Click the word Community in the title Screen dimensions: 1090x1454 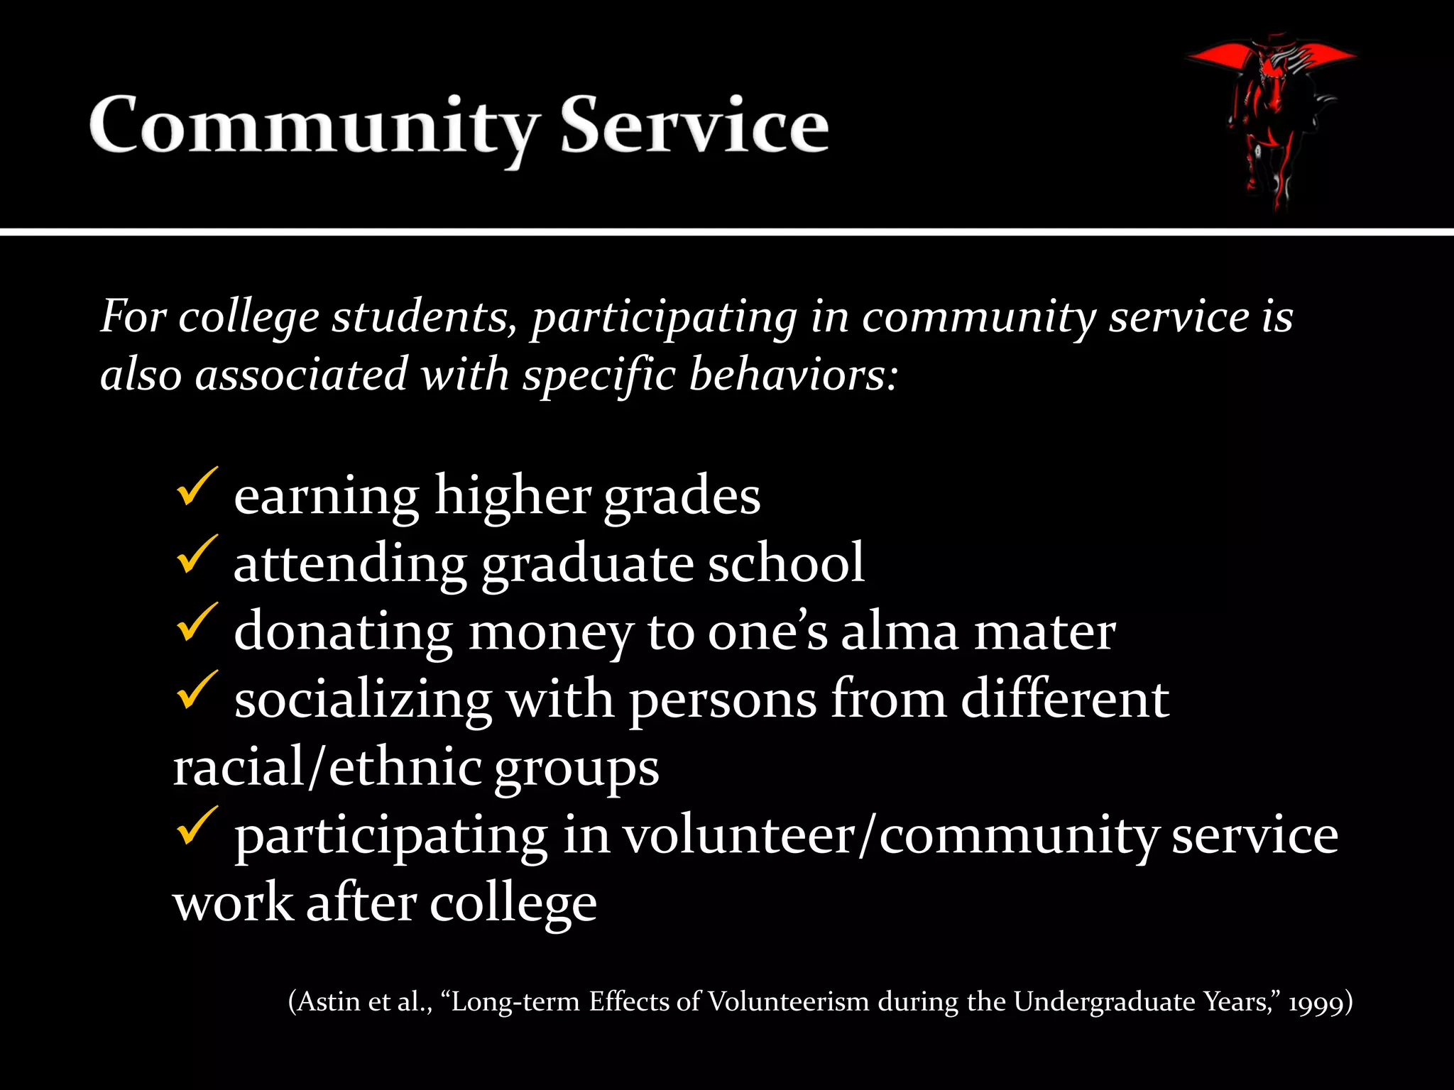point(312,126)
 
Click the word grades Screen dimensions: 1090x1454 point(682,497)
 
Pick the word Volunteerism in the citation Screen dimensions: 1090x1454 point(788,1001)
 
